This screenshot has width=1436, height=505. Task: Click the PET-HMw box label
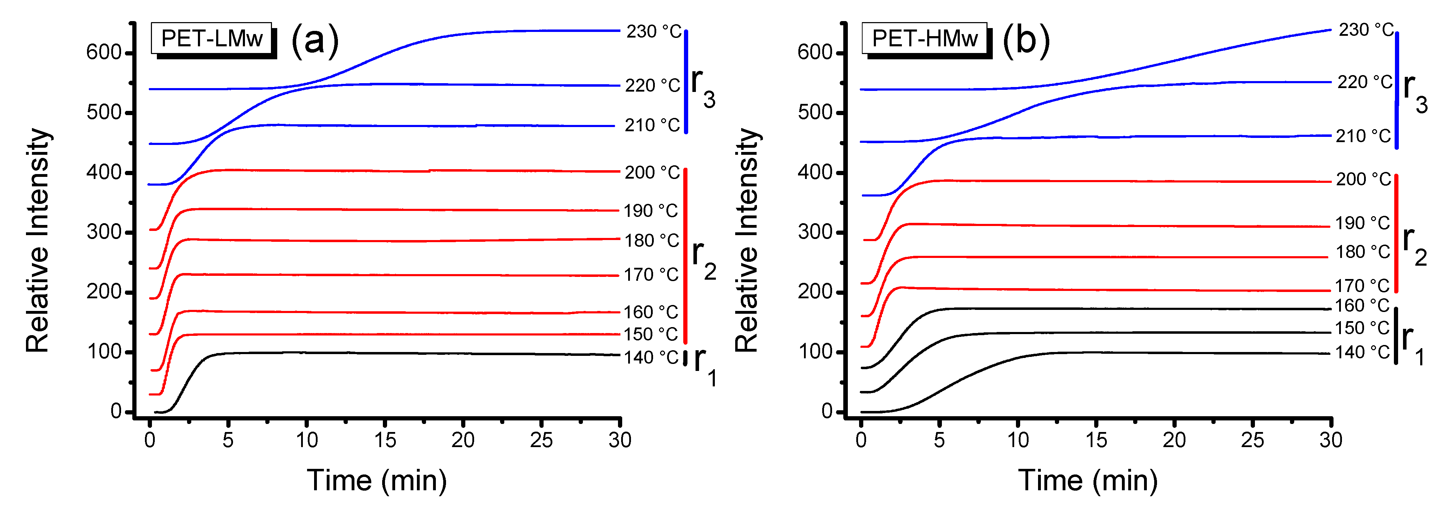coord(924,39)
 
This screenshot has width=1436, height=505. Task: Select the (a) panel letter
coord(315,40)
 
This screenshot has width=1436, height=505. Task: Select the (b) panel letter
coord(1026,40)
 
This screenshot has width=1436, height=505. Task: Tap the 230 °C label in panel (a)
coord(653,32)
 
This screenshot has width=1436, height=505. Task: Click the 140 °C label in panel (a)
coord(651,357)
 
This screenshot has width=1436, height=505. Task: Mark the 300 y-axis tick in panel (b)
coord(815,232)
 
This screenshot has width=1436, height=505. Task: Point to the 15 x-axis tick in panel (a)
coord(385,440)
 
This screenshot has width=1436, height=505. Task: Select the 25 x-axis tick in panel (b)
coord(1252,440)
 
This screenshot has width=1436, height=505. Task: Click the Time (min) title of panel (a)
coord(377,480)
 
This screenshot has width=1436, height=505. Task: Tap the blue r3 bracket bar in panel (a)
coord(686,82)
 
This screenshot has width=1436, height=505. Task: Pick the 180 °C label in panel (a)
coord(651,241)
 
